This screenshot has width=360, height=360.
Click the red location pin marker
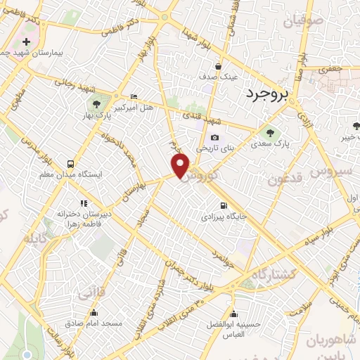(x=181, y=165)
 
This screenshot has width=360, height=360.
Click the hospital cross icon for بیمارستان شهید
(x=27, y=42)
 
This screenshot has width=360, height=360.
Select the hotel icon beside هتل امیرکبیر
(x=134, y=96)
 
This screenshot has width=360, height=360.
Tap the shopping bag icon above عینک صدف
(x=219, y=65)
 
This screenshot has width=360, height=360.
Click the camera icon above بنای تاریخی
(x=214, y=138)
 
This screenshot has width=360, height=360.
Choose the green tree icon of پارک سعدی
(x=268, y=131)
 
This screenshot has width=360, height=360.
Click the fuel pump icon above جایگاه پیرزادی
(x=224, y=206)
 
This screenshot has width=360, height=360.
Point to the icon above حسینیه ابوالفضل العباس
(x=233, y=314)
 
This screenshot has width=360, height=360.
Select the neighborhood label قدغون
(x=286, y=179)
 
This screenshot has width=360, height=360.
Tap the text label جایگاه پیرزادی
(x=224, y=217)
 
